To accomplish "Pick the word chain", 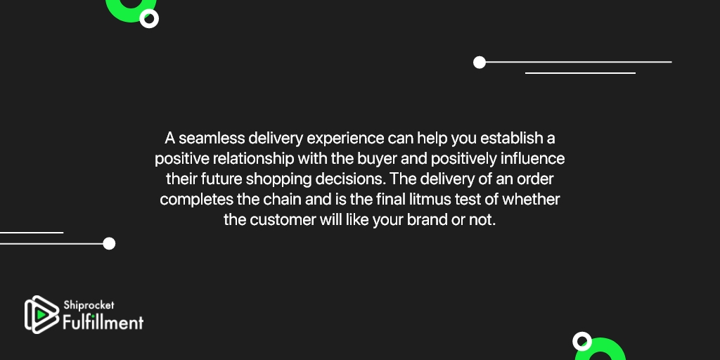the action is pos(281,200).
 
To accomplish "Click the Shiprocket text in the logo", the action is pos(89,305).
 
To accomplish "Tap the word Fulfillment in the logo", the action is pos(103,321).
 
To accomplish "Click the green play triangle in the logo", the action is pos(41,314).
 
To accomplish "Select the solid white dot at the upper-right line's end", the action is pos(480,63).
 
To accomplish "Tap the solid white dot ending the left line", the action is pos(109,243).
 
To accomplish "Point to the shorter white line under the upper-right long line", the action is pos(580,73).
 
